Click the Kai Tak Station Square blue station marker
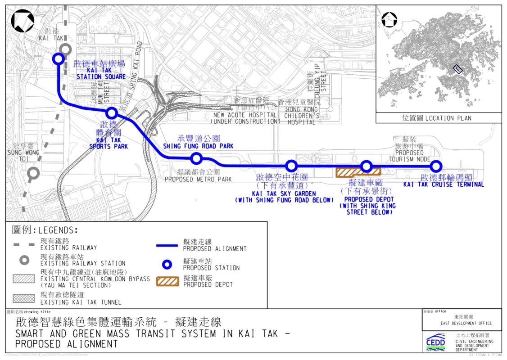tap(58, 59)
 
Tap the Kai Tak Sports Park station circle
tap(112, 112)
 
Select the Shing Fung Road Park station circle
tap(196, 158)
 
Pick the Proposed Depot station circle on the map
tap(366, 166)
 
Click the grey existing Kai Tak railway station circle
tap(66, 50)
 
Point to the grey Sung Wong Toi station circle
tap(33, 173)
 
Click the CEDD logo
tap(435, 342)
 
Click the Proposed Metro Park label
tap(198, 176)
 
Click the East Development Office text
tap(466, 323)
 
